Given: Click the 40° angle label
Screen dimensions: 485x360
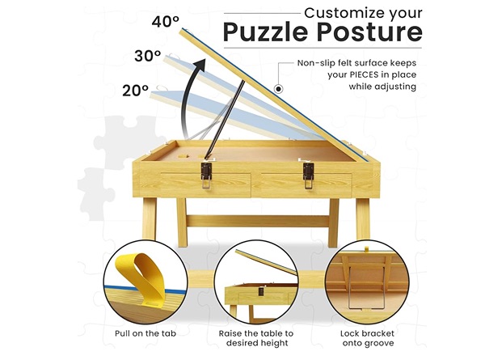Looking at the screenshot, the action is click(165, 21).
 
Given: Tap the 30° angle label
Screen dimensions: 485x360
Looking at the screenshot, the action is click(148, 56).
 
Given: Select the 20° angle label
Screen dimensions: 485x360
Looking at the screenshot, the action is click(135, 91).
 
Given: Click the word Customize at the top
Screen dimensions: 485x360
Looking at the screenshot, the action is click(344, 13).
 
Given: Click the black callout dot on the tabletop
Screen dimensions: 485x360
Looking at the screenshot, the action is click(279, 89).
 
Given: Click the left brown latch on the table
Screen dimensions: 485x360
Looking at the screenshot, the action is click(206, 175).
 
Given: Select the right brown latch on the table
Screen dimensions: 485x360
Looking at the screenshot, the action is click(309, 175).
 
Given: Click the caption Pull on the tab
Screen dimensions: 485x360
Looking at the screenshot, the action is click(145, 333).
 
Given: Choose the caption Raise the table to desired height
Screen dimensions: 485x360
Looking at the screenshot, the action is click(256, 338).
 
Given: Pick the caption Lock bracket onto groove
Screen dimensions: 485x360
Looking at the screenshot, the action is click(368, 338).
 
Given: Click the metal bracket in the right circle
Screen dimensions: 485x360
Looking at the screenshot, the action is click(348, 288).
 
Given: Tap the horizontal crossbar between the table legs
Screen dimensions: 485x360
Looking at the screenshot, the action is click(257, 221).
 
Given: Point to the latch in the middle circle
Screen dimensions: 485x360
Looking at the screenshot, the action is click(261, 291).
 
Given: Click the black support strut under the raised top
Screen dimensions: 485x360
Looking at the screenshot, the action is click(226, 119).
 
